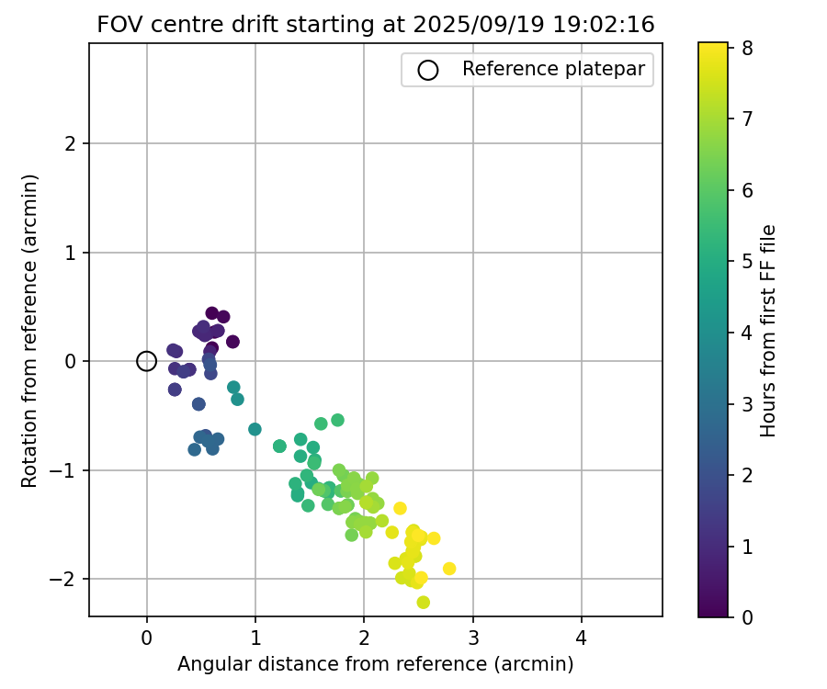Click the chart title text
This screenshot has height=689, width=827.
click(x=375, y=25)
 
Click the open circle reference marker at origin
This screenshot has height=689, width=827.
click(x=146, y=361)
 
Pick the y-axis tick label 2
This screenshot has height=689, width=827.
click(x=70, y=143)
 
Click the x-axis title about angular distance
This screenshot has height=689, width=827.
click(x=375, y=663)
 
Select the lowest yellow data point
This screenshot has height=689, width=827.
click(x=423, y=603)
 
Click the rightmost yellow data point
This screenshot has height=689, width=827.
click(x=449, y=569)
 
